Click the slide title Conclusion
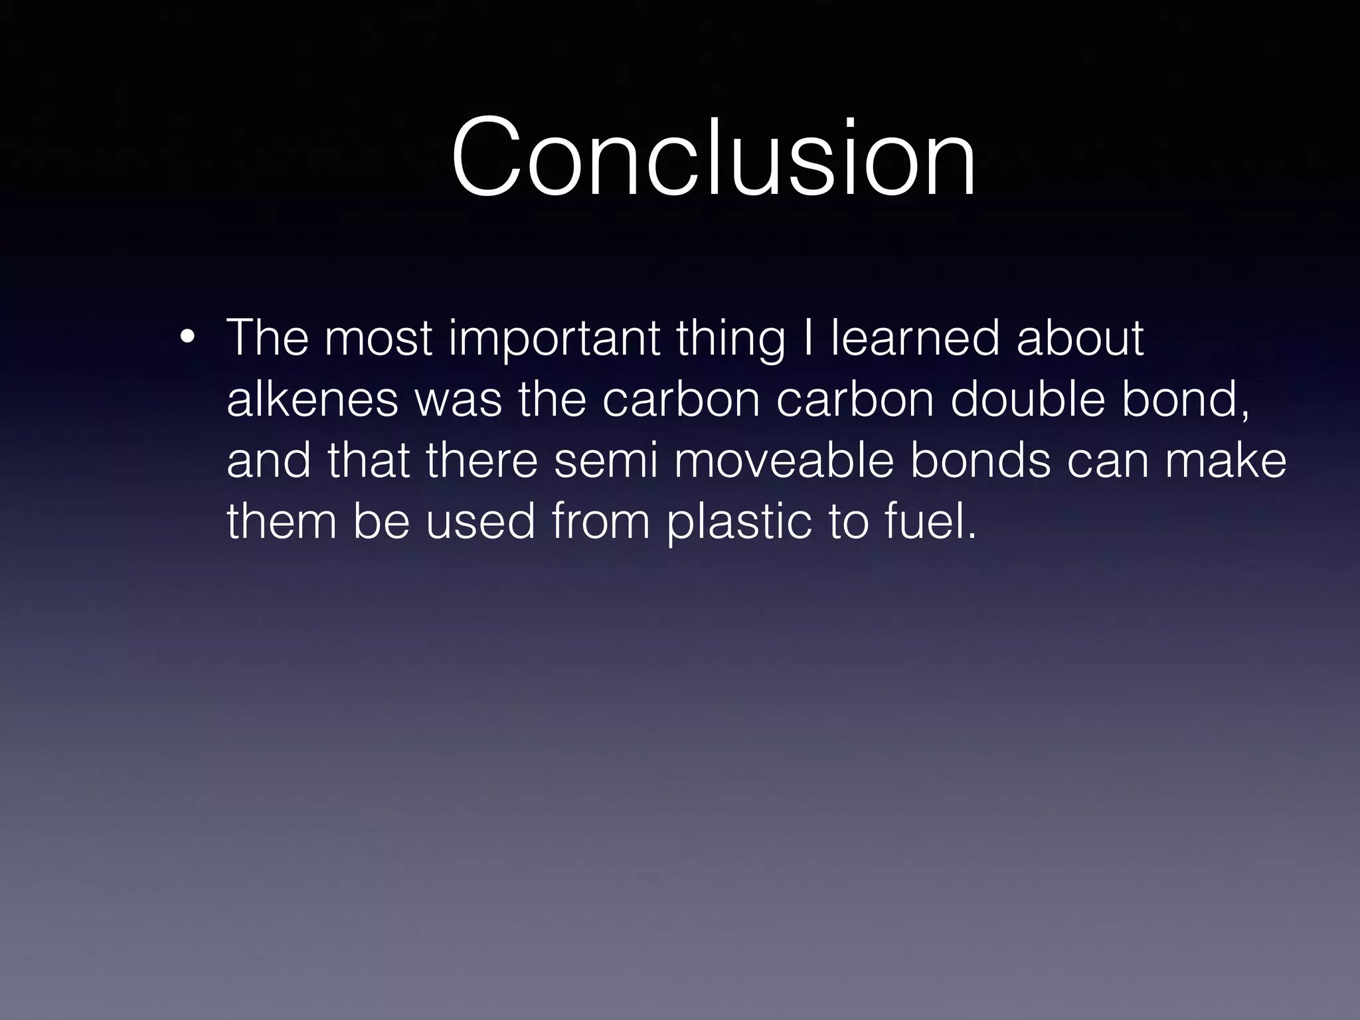click(714, 158)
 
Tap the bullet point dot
click(187, 337)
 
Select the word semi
click(606, 461)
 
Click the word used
click(480, 521)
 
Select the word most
click(379, 339)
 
